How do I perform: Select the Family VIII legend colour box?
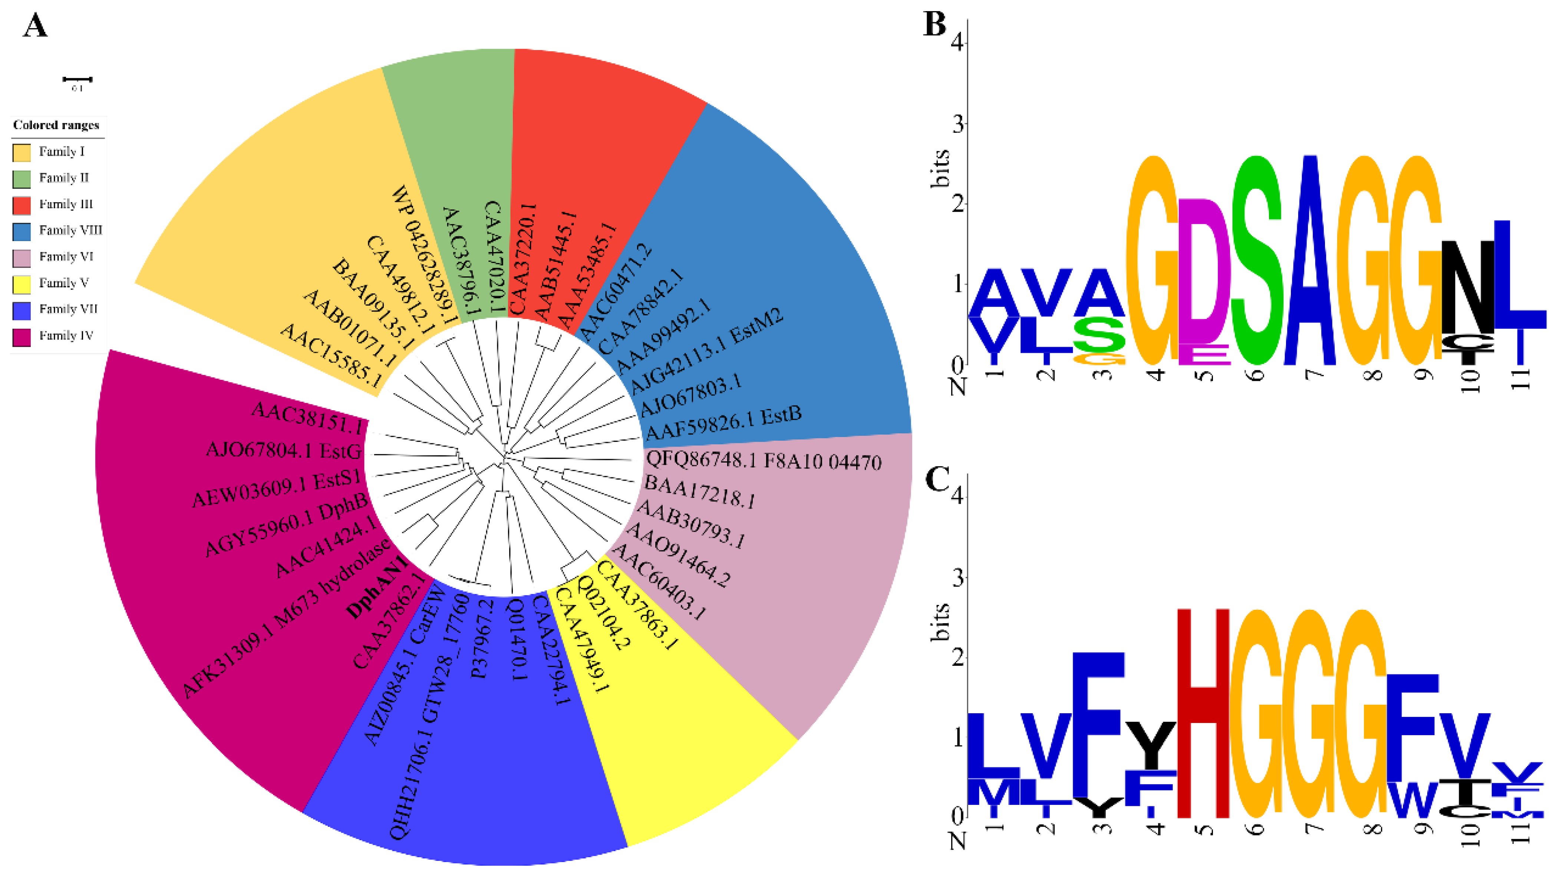point(22,231)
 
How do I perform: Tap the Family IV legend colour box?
point(22,336)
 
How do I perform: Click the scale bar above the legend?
point(77,79)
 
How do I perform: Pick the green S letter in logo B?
point(1257,259)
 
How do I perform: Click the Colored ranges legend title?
point(56,125)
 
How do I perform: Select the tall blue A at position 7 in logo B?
point(1309,259)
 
